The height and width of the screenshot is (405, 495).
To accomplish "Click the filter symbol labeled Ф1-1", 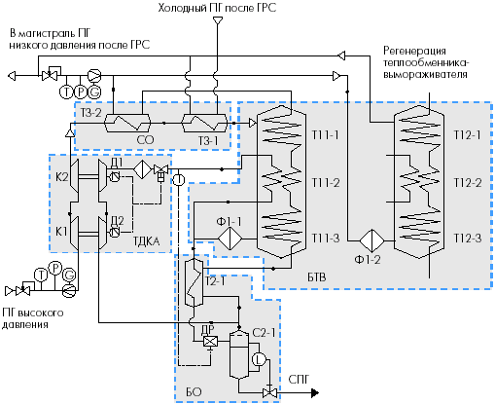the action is [230, 239].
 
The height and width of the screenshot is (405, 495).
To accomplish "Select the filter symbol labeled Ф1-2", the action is [371, 240].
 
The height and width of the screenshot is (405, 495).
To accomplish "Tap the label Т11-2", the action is [326, 183].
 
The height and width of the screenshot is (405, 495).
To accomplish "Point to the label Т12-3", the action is [468, 239].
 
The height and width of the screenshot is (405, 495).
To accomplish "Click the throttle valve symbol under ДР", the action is [210, 342].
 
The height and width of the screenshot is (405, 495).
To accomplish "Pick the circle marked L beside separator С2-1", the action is [259, 359].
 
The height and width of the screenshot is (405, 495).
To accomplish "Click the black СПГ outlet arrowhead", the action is [315, 393].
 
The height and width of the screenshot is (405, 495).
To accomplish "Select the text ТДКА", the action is [147, 241].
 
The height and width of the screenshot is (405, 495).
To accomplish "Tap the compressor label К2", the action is [62, 177].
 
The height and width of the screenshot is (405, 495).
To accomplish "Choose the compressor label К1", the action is [61, 232].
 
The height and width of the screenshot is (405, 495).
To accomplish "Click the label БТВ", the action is [317, 277].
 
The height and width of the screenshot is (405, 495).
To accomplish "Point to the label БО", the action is [194, 392].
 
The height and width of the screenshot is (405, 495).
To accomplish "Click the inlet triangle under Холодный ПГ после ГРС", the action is [217, 20].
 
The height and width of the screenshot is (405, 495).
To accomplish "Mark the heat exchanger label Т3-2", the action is [90, 113].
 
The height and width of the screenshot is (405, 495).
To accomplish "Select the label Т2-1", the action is [215, 281].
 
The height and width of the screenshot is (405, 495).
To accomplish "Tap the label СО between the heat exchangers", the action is [145, 140].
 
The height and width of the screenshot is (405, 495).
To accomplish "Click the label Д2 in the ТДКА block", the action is [118, 221].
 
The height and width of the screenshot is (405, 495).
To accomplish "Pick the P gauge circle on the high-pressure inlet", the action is [55, 268].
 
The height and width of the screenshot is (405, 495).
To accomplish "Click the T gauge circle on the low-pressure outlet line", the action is [66, 92].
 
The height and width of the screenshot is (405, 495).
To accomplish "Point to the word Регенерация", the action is [414, 51].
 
